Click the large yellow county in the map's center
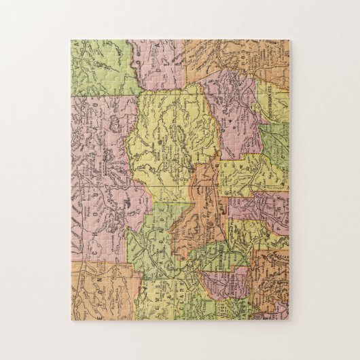coord(170,136)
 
